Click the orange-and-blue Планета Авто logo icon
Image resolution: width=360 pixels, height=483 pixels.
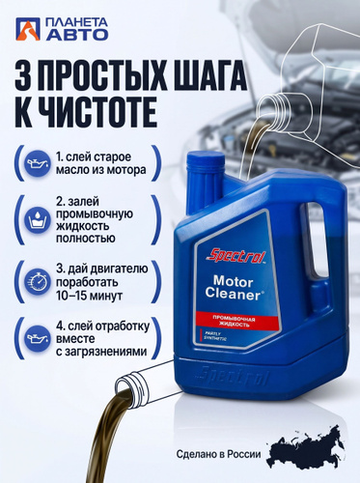pyautogui.click(x=28, y=29)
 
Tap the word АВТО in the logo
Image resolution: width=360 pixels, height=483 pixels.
pyautogui.click(x=77, y=34)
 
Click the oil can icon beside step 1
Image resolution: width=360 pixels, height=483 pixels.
pyautogui.click(x=38, y=162)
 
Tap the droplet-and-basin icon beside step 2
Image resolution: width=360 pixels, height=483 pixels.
pyautogui.click(x=38, y=220)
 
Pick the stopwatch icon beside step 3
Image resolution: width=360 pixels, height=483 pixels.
pyautogui.click(x=38, y=282)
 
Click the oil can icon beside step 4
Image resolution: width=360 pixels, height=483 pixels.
pyautogui.click(x=38, y=338)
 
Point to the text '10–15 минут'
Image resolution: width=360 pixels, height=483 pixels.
pyautogui.click(x=89, y=296)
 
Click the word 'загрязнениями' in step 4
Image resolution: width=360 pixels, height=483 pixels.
pyautogui.click(x=101, y=352)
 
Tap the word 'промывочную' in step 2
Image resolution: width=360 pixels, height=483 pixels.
pyautogui.click(x=95, y=214)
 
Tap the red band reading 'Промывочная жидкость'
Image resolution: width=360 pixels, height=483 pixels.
pyautogui.click(x=236, y=322)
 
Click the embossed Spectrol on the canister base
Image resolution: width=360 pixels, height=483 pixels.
pyautogui.click(x=234, y=377)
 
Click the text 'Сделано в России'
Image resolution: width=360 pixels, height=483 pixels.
pyautogui.click(x=218, y=454)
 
